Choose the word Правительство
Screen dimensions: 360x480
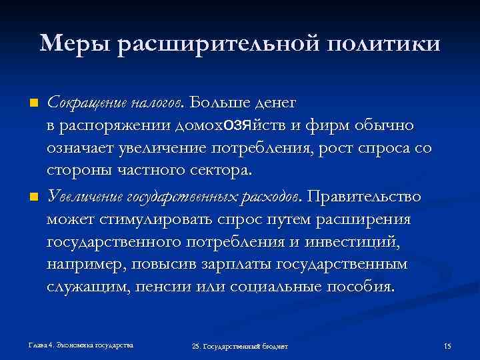point(364,197)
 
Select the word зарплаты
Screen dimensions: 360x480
point(241,265)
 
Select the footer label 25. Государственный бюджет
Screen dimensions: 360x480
point(239,347)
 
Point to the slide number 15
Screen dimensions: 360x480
point(447,346)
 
